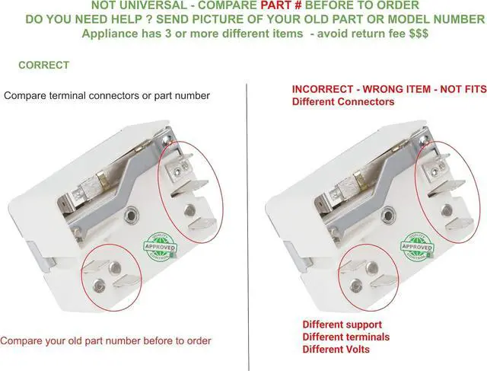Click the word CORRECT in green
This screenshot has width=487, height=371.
pyautogui.click(x=43, y=66)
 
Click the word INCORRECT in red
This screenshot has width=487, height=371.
pyautogui.click(x=327, y=89)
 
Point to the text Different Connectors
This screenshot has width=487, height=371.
pyautogui.click(x=343, y=101)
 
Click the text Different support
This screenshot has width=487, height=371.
pyautogui.click(x=342, y=325)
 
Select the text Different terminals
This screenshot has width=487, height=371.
pyautogui.click(x=346, y=337)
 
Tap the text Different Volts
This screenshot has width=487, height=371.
pyautogui.click(x=336, y=349)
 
